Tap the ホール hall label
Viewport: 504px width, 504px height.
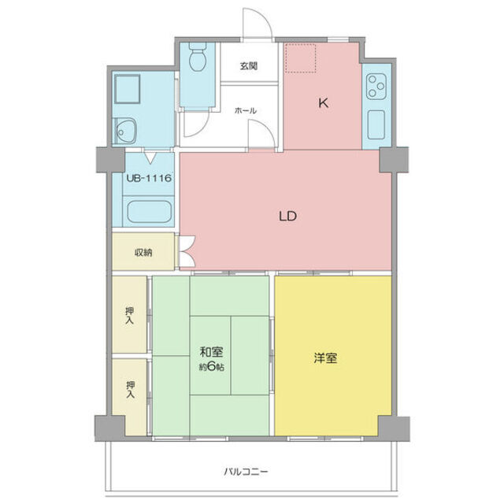click(x=244, y=112)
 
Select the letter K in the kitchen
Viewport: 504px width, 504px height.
click(x=322, y=102)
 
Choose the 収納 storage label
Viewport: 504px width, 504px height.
click(x=143, y=253)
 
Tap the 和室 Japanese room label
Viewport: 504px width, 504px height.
click(x=210, y=352)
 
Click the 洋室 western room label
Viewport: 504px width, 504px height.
click(x=327, y=358)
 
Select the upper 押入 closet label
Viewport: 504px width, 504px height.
click(x=130, y=316)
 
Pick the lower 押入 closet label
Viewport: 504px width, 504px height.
click(x=130, y=390)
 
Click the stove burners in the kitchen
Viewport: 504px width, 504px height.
click(x=375, y=83)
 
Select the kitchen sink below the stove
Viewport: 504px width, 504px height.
click(x=375, y=123)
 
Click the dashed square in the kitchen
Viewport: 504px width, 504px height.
click(x=300, y=57)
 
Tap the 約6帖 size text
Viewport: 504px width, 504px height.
click(x=210, y=368)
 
